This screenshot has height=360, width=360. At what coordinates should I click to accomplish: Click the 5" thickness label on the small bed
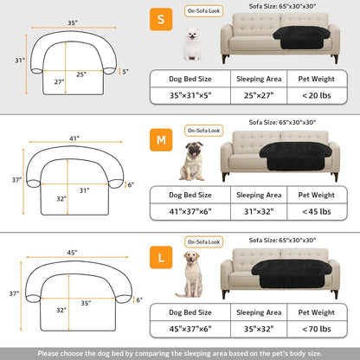coord(125,72)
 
